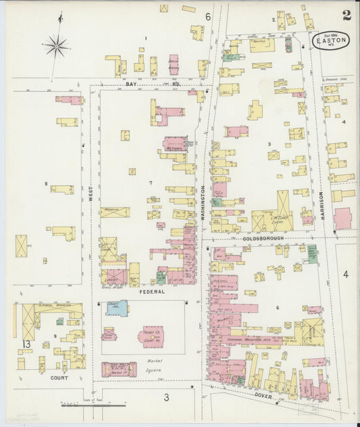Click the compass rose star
(x=56, y=47)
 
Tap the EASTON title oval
(x=331, y=41)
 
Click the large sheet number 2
(x=346, y=16)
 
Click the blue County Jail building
(x=116, y=308)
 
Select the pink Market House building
(x=119, y=369)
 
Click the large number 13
(x=26, y=345)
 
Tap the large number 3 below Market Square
(x=165, y=398)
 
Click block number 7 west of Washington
(x=151, y=183)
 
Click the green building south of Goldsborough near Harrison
(x=312, y=253)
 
